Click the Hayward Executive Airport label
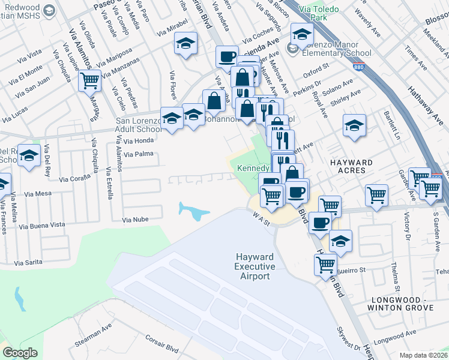click(255, 266)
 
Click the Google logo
click(20, 353)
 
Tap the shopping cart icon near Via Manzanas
click(89, 79)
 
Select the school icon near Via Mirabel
click(186, 43)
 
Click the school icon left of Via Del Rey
click(29, 156)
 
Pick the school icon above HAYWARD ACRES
click(354, 125)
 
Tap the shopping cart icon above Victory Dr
click(376, 195)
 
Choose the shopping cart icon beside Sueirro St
click(325, 263)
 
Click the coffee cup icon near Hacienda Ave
click(227, 57)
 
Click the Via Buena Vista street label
click(42, 225)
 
